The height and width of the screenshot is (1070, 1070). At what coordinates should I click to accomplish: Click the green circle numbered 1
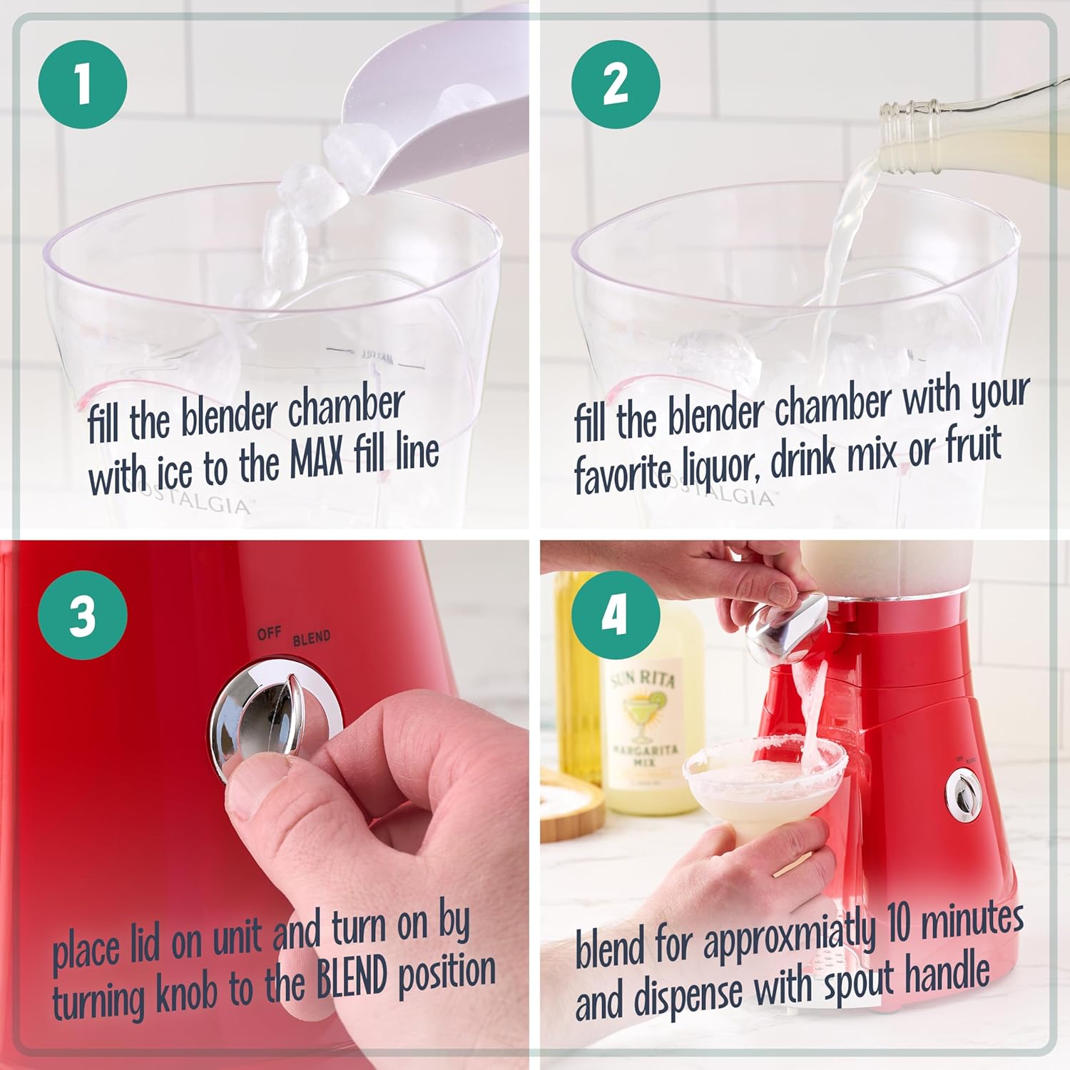tap(83, 84)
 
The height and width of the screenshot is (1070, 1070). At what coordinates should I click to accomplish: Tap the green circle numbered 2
tap(616, 84)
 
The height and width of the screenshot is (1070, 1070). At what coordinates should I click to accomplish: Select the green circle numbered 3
tap(83, 615)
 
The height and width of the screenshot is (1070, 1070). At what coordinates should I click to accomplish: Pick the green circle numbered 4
tap(616, 615)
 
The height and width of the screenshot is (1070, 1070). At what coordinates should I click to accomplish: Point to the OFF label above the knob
tap(269, 633)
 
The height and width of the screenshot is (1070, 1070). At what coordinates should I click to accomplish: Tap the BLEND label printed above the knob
tap(312, 638)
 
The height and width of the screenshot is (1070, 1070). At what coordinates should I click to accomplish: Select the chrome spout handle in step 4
tap(785, 628)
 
